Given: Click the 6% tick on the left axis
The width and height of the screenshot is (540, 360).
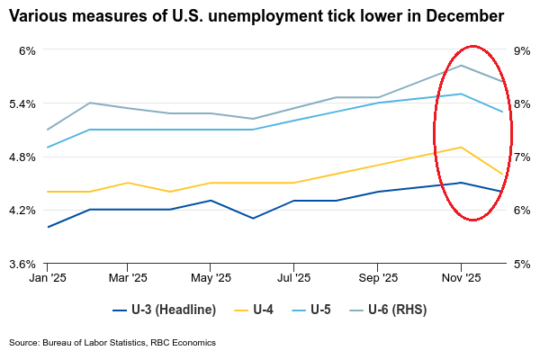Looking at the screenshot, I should pyautogui.click(x=25, y=50).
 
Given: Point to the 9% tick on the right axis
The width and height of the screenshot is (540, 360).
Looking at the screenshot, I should pyautogui.click(x=520, y=50).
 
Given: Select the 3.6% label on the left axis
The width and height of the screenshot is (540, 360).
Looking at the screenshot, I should pyautogui.click(x=22, y=264).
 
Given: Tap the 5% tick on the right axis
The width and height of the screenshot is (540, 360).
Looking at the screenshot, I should pyautogui.click(x=520, y=264).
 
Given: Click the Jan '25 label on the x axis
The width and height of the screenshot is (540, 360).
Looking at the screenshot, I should pyautogui.click(x=47, y=279).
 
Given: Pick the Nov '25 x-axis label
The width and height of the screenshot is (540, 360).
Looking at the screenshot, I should pyautogui.click(x=461, y=279).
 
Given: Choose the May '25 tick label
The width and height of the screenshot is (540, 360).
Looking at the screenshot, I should pyautogui.click(x=210, y=279).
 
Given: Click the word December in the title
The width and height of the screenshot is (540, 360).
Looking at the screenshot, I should pyautogui.click(x=455, y=16).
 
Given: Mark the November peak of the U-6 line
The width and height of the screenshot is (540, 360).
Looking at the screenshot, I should pyautogui.click(x=462, y=66).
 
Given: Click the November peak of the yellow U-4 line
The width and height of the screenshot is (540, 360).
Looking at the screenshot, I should pyautogui.click(x=462, y=148).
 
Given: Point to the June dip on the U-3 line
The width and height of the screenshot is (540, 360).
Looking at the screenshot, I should pyautogui.click(x=253, y=218).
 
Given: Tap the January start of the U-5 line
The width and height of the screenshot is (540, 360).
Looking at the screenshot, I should pyautogui.click(x=47, y=148).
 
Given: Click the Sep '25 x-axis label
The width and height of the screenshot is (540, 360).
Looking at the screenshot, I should pyautogui.click(x=378, y=279).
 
